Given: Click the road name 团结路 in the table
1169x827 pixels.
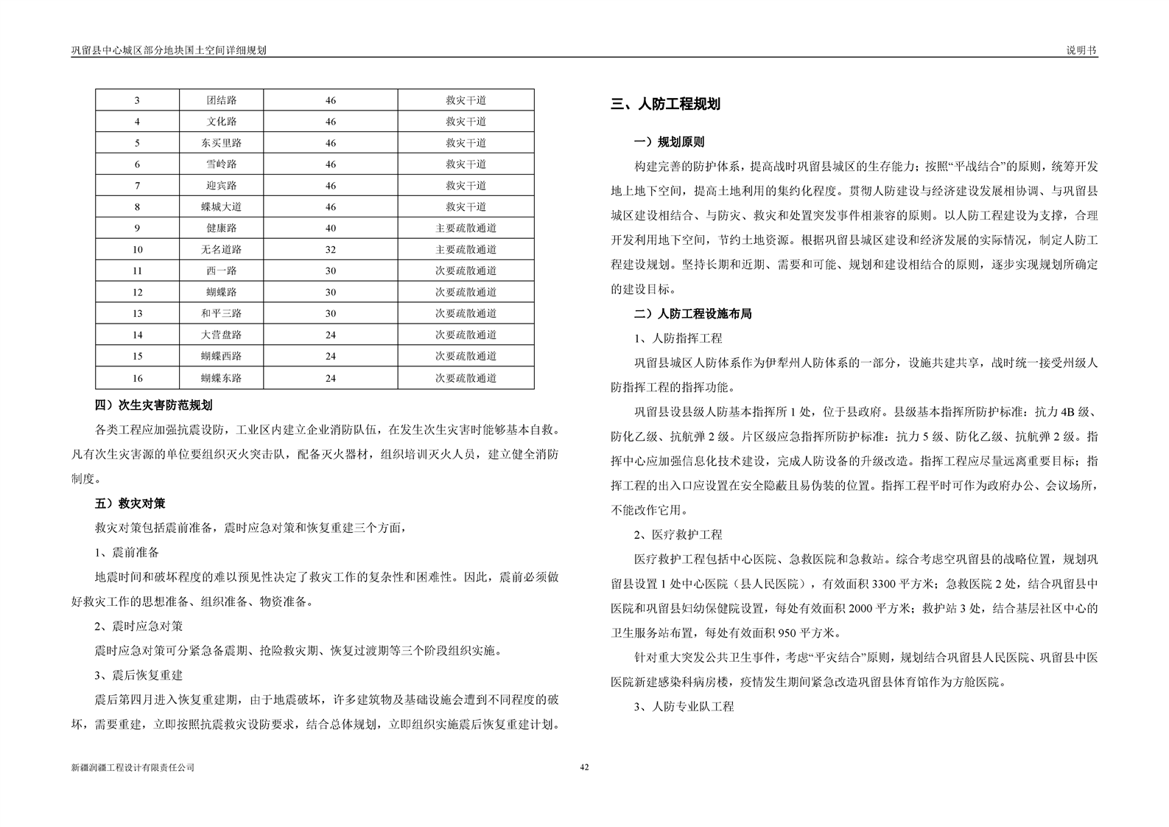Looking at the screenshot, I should pyautogui.click(x=221, y=100).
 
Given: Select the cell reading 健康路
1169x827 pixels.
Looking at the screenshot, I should pyautogui.click(x=221, y=228).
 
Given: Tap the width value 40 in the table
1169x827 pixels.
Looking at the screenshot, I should pyautogui.click(x=331, y=228).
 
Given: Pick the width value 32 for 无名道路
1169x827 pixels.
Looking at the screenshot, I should pyautogui.click(x=331, y=250).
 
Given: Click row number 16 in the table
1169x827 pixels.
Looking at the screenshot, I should pyautogui.click(x=138, y=378).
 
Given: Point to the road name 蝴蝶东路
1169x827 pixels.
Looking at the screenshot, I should pyautogui.click(x=221, y=378).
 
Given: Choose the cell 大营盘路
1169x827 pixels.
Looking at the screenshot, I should pyautogui.click(x=221, y=335).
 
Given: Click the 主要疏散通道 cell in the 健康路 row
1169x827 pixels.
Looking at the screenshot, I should pyautogui.click(x=466, y=228).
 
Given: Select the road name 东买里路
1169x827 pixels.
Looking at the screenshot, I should pyautogui.click(x=221, y=143).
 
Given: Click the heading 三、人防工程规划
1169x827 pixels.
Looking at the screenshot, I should pyautogui.click(x=665, y=105).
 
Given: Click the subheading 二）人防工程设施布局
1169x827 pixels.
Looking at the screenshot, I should pyautogui.click(x=692, y=314).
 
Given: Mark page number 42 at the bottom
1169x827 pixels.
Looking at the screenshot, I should pyautogui.click(x=584, y=767).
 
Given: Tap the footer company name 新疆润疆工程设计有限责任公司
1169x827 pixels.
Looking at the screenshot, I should pyautogui.click(x=133, y=767).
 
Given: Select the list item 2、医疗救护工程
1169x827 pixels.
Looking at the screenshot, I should pyautogui.click(x=678, y=534).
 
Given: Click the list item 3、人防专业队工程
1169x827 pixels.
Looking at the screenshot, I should pyautogui.click(x=684, y=706).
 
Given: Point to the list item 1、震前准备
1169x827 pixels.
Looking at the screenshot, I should pyautogui.click(x=127, y=552).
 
